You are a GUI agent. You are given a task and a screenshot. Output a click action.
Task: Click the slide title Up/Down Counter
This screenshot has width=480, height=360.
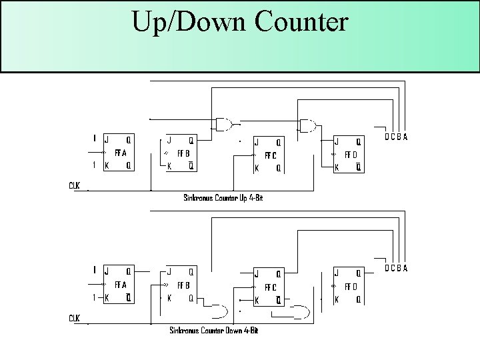239,22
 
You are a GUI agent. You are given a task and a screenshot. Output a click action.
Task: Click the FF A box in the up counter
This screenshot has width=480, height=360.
118,153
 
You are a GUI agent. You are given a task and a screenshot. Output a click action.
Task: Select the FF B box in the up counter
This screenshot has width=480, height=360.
180,153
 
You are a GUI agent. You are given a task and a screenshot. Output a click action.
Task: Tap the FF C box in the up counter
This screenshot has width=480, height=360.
269,155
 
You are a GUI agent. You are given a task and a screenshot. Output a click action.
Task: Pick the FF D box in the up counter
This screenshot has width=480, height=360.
349,155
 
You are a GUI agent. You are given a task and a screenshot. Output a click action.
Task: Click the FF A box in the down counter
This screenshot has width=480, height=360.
118,283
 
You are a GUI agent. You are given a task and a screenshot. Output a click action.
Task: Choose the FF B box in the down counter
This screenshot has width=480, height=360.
180,285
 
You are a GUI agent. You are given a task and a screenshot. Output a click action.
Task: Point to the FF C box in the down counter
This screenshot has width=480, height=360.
269,287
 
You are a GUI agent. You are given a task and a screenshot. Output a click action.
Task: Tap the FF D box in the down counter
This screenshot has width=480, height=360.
349,286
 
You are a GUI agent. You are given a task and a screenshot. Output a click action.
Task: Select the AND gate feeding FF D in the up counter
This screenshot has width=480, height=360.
308,125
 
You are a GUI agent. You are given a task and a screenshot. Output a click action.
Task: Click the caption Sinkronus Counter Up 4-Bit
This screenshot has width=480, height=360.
223,197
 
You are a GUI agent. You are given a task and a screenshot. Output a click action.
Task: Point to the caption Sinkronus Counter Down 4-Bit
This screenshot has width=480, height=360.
213,330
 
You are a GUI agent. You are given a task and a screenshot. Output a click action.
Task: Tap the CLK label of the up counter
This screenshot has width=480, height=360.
74,185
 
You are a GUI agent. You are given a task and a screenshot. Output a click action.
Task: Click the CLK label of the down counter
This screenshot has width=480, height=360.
74,318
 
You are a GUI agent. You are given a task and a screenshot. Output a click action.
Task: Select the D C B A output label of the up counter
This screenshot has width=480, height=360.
396,137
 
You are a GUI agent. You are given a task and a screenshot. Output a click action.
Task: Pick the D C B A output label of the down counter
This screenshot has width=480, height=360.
396,269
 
